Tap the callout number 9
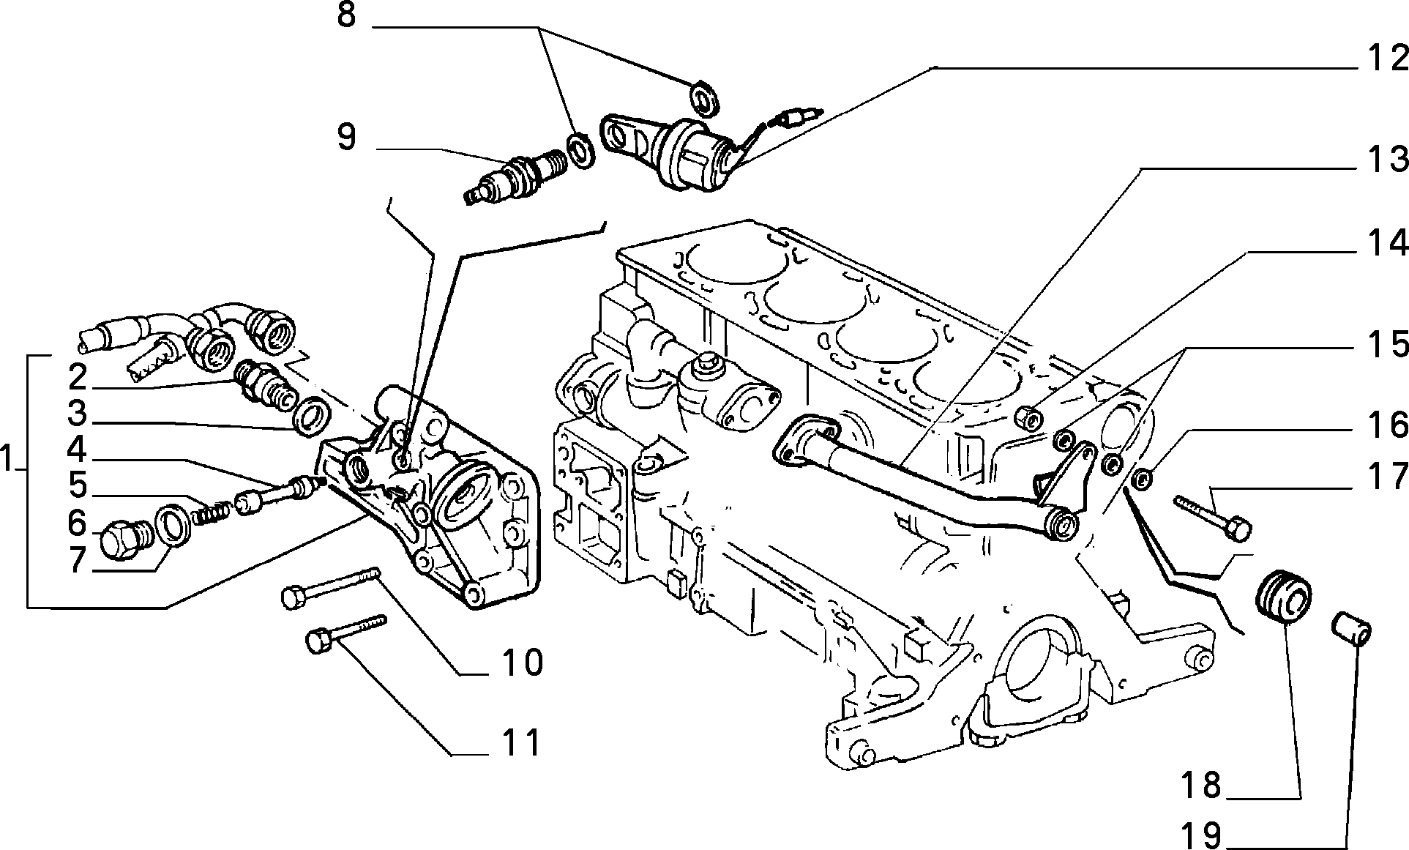coord(346,136)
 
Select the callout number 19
coord(1200,834)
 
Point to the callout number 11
coord(520,742)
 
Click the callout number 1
coord(8,461)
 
